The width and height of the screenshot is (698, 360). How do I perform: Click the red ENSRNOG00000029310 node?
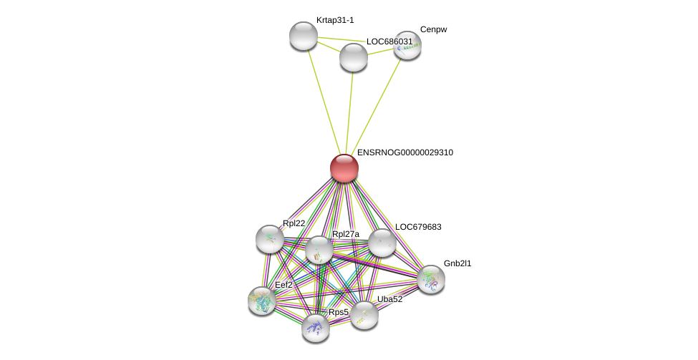coord(344,168)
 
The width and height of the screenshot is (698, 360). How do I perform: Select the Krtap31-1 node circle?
coord(303,36)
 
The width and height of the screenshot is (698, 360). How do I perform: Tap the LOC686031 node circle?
coord(353,57)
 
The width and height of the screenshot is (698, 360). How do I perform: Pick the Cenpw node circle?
coord(407,45)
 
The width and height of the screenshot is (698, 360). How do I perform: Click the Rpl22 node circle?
coord(269,238)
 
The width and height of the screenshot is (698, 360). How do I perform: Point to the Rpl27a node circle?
coord(319,250)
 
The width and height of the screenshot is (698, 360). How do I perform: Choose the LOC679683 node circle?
coord(382,242)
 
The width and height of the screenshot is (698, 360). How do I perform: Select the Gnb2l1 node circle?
coord(431,278)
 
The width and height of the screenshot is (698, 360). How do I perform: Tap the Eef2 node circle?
coord(261,300)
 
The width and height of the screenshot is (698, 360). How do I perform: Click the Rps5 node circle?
coord(315,327)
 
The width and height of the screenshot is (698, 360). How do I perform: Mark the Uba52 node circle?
coord(364,314)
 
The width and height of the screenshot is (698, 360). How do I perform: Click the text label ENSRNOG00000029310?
coord(404,152)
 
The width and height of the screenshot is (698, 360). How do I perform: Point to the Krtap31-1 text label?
coord(335,20)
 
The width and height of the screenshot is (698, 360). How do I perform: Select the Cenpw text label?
coord(433,29)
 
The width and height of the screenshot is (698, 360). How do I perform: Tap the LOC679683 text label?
coord(418,227)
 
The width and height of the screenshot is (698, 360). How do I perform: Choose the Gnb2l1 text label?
coord(457,263)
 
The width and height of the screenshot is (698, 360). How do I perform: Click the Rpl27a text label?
coord(346,234)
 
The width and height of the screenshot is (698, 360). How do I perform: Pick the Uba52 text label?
coord(390,299)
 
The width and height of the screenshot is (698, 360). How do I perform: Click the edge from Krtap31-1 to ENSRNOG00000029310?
coord(324,102)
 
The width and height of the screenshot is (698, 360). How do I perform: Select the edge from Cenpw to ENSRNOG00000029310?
coord(376,106)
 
